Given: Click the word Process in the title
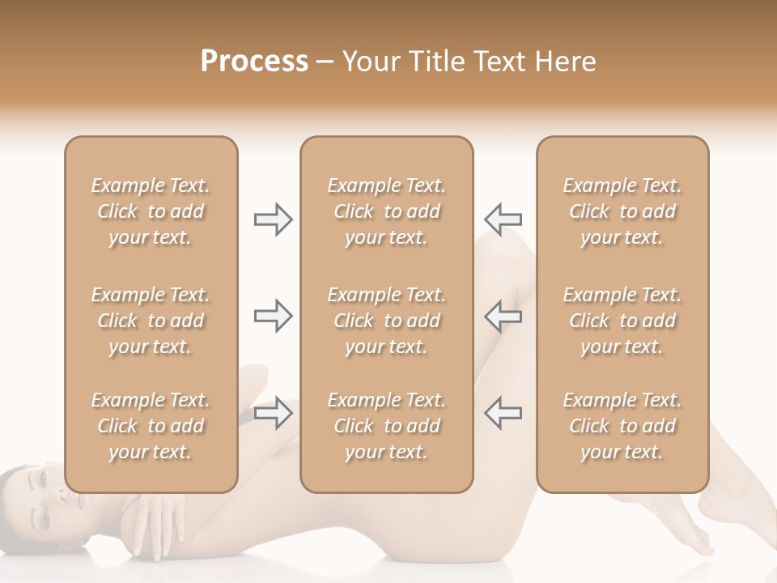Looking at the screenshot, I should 254,62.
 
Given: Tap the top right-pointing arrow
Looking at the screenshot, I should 273,219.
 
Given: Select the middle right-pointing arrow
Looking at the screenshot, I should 273,316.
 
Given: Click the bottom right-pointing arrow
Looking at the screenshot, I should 273,413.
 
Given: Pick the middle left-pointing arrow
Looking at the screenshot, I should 503,316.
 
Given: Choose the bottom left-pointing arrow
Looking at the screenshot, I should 503,413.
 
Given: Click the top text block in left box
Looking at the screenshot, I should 151,211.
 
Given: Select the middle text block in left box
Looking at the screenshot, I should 151,321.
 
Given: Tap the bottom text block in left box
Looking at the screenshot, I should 151,426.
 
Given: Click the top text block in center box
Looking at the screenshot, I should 386,211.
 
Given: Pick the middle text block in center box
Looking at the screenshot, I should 386,321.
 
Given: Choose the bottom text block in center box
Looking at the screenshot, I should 386,426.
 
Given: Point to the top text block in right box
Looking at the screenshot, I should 622,211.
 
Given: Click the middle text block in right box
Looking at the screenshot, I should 622,321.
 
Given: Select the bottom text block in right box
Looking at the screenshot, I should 622,426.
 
